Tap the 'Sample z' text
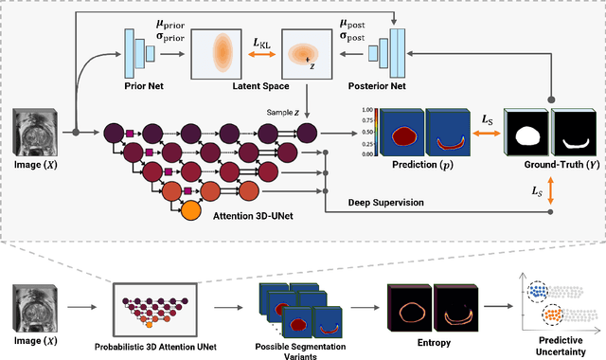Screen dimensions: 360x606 pos(285,113)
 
